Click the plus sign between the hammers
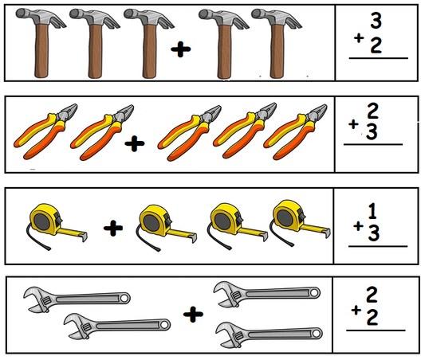pos(182,50)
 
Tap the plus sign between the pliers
pos(136,143)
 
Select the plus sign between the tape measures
pos(114,229)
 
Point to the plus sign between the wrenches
pos(191,315)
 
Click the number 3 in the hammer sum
pos(376,21)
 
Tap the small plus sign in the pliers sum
pos(353,124)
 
